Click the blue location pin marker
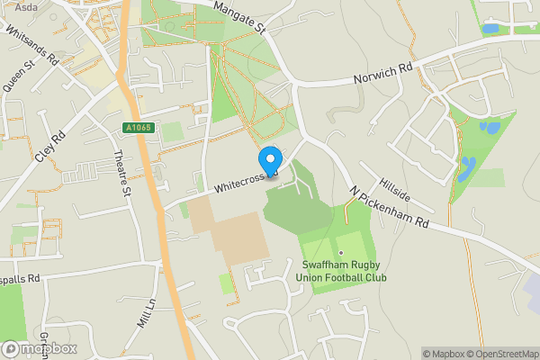(268, 161)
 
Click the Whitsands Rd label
(31, 46)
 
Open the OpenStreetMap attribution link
(501, 354)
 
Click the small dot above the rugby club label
(341, 252)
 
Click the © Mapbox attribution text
(441, 354)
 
